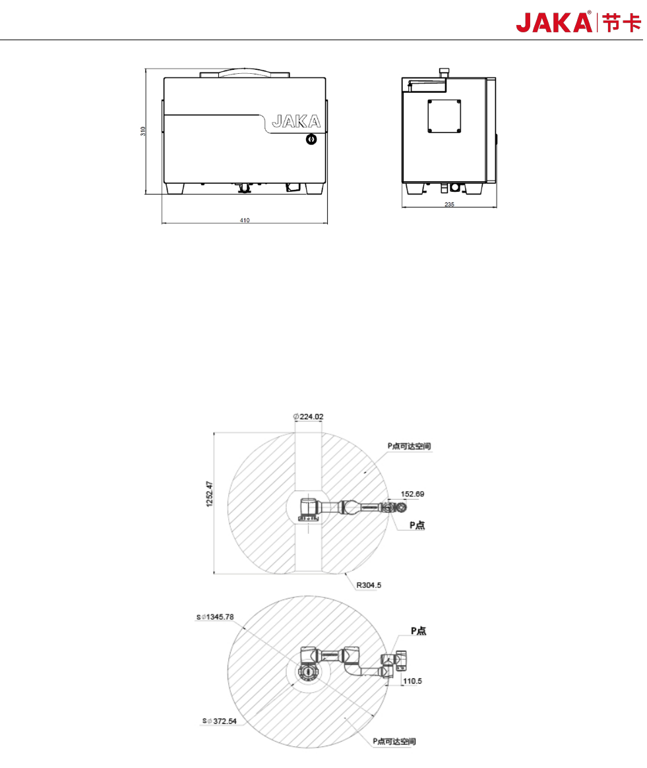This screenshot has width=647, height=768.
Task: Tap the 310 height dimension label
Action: point(142,131)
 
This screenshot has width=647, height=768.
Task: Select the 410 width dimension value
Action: point(245,220)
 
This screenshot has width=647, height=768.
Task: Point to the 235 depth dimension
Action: point(449,204)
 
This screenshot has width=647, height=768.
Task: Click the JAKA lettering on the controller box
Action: point(296,121)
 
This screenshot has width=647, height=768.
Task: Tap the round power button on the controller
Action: point(311,139)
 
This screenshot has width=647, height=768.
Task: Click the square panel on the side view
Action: point(444,116)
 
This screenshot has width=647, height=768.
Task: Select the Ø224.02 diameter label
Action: point(308,417)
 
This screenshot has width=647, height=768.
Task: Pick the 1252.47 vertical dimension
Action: point(210,494)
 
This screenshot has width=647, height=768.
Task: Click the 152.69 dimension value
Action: point(412,494)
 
